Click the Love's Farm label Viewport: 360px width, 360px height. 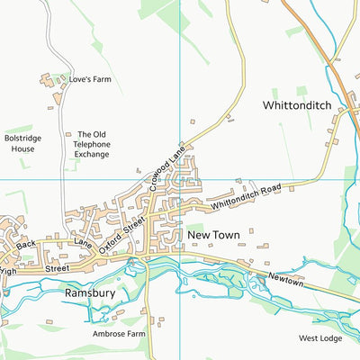click(90, 80)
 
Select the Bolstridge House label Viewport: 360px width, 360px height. click(19, 143)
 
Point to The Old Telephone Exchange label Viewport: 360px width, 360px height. click(93, 144)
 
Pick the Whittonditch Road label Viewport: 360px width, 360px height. click(247, 199)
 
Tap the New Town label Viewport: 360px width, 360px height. click(212, 235)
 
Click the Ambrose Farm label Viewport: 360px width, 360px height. click(118, 333)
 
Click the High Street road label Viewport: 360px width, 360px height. click(35, 267)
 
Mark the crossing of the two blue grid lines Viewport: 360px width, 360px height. click(180, 179)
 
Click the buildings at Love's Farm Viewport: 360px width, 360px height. click(50, 81)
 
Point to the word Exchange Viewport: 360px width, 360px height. click(93, 154)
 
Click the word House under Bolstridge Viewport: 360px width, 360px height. click(19, 148)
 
